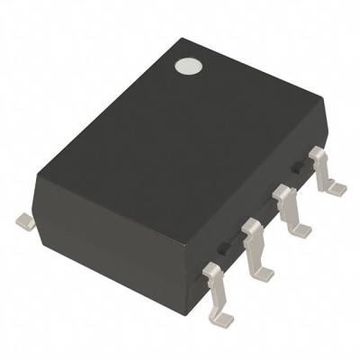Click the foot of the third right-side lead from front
coord(301,230)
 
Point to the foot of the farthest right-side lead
coord(335,188)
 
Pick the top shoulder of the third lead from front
coord(284,191)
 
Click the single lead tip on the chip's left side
coord(26,220)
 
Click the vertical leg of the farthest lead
coord(321,171)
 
